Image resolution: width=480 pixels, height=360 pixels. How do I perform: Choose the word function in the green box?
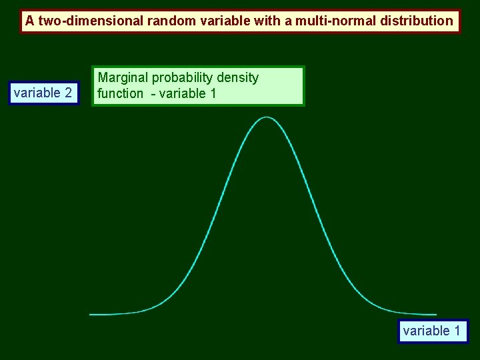120,93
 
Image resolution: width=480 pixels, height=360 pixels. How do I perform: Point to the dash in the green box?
152,93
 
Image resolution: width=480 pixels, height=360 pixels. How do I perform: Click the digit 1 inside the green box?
213,93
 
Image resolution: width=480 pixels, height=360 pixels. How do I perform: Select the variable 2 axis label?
43,93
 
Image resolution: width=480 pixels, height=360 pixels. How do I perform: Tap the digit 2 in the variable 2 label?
69,93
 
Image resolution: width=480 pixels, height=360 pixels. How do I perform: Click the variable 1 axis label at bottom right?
432,331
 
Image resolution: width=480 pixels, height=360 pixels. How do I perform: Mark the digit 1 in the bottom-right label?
457,331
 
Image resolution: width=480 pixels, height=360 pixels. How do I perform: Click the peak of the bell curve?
267,117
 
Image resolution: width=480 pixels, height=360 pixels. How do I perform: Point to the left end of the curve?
91,314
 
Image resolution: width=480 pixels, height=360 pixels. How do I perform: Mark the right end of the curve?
436,314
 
